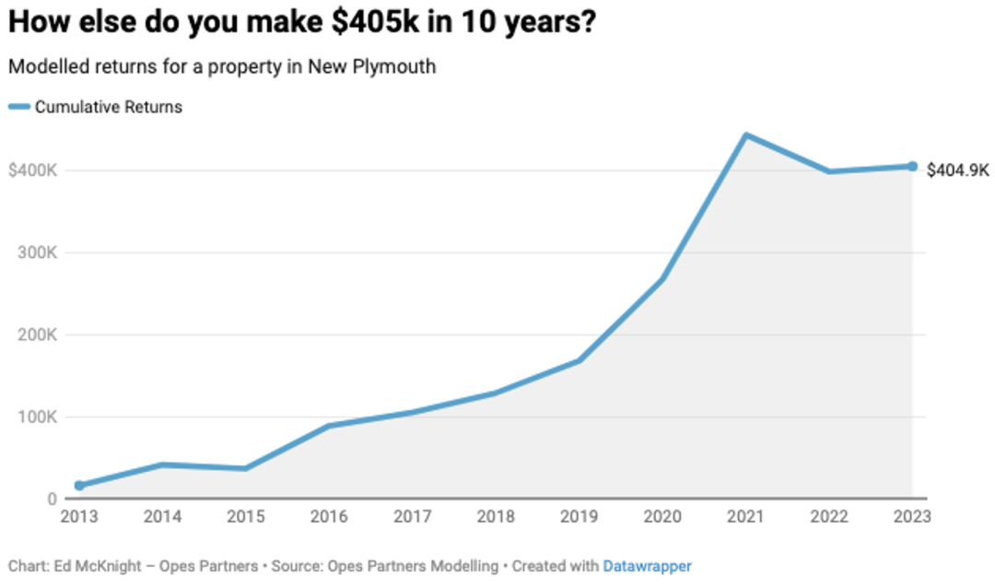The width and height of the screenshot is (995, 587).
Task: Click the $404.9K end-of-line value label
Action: pyautogui.click(x=958, y=170)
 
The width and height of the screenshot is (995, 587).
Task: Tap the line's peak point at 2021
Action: pyautogui.click(x=745, y=135)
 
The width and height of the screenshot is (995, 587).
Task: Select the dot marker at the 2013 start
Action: pyautogui.click(x=79, y=486)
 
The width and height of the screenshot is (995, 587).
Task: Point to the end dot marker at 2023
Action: pyautogui.click(x=912, y=167)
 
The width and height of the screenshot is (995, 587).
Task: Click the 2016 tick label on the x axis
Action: pyautogui.click(x=329, y=516)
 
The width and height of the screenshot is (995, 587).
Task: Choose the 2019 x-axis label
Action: pyautogui.click(x=579, y=516)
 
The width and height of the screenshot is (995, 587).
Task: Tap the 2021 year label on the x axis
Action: pyautogui.click(x=745, y=516)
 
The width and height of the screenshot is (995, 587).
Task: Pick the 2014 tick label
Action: pyautogui.click(x=162, y=516)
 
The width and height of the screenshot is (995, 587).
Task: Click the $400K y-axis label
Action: pyautogui.click(x=32, y=170)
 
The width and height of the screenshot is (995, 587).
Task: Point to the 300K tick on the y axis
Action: pyautogui.click(x=38, y=252)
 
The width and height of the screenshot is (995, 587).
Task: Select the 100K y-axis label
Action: pyautogui.click(x=38, y=417)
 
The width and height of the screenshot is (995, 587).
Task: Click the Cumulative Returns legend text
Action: pyautogui.click(x=109, y=107)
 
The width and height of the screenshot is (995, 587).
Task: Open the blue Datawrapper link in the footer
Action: pyautogui.click(x=647, y=566)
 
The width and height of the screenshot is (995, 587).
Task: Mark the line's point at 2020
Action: pyautogui.click(x=662, y=279)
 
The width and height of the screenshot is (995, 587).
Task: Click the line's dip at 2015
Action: pyautogui.click(x=245, y=469)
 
